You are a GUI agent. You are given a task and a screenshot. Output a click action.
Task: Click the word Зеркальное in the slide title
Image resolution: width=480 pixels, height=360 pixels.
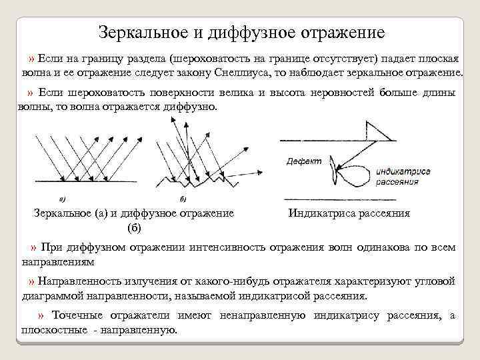(137, 31)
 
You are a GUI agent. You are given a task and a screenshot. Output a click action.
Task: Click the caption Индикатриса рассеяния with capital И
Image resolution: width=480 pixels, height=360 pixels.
(349, 213)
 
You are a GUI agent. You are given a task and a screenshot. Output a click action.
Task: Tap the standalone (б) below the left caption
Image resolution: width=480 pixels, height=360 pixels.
(133, 228)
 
